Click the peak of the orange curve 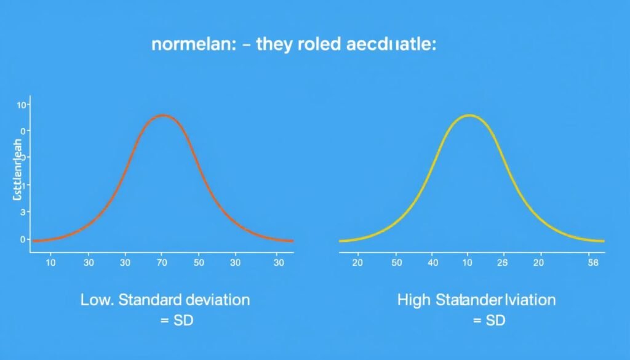[163, 115]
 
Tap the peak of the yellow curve [469, 115]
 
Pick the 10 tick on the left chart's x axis [51, 263]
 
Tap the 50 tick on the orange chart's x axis [199, 263]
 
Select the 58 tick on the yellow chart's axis [593, 263]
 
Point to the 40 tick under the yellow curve [433, 263]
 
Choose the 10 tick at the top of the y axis [22, 105]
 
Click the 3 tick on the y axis [23, 212]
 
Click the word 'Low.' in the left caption [97, 300]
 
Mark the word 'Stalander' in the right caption [468, 300]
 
